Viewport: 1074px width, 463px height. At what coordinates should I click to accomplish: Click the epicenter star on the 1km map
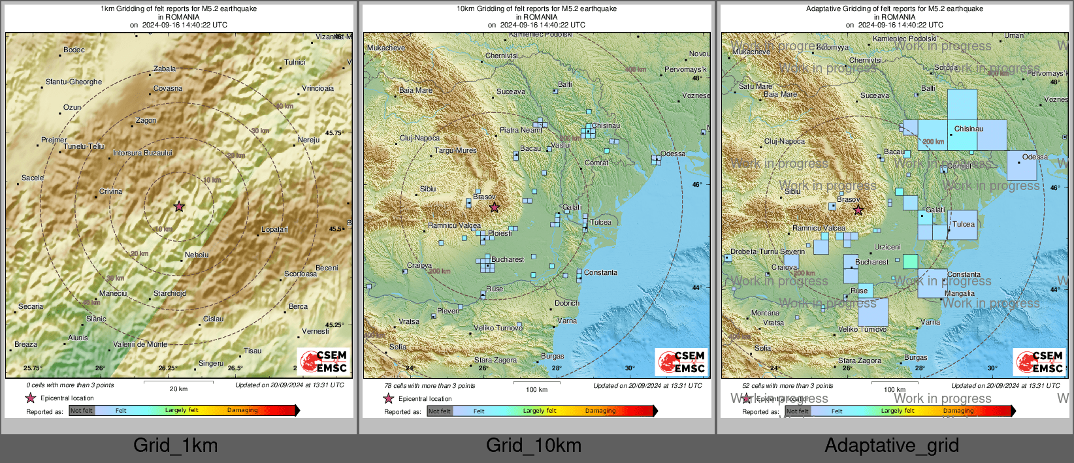pos(179,206)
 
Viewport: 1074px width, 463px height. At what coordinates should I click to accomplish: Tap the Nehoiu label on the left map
pos(196,255)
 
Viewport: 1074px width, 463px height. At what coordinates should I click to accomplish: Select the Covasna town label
pos(168,88)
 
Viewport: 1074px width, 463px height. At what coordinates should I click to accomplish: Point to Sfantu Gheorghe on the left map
pos(74,82)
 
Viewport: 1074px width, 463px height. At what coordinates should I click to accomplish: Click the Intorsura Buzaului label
pos(142,153)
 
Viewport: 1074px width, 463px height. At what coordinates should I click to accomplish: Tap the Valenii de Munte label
pos(140,344)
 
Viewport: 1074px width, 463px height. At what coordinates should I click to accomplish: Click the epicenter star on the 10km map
pos(495,208)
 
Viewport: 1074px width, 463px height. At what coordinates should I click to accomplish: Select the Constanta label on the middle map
pos(600,272)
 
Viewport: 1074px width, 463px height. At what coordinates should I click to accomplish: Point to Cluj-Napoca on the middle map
pos(419,138)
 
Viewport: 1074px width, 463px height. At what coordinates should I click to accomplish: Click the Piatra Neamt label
pos(521,130)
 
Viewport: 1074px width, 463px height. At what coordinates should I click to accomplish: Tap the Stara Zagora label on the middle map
pos(495,360)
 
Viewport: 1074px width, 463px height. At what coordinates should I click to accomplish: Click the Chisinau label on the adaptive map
pos(968,129)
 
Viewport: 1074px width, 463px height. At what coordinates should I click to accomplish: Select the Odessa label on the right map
pos(1035,157)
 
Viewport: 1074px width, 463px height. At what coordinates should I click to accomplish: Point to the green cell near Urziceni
pos(910,261)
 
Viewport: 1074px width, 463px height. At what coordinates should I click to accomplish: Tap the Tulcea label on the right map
pos(963,224)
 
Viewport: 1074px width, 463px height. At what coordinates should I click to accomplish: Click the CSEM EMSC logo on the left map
pos(323,361)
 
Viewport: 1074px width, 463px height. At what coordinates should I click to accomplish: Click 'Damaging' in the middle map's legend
pos(600,411)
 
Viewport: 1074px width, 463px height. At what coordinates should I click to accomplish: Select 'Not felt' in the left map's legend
pos(82,411)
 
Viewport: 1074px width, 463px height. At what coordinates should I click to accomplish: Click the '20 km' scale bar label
pos(178,389)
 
